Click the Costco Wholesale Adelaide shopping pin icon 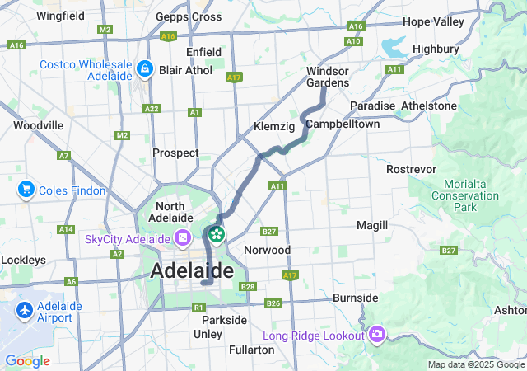[145, 68]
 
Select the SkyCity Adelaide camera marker [183, 239]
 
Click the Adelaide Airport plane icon [25, 311]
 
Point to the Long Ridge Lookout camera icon [378, 335]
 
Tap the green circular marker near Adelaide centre [217, 234]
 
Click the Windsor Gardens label [327, 77]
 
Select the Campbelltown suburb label [343, 124]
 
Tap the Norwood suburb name [268, 249]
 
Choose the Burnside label [356, 297]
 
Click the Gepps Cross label [189, 16]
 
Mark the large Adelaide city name [192, 270]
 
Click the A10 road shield [354, 41]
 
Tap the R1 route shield [198, 307]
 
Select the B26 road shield [275, 304]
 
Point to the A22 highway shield [152, 108]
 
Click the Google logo [27, 360]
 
